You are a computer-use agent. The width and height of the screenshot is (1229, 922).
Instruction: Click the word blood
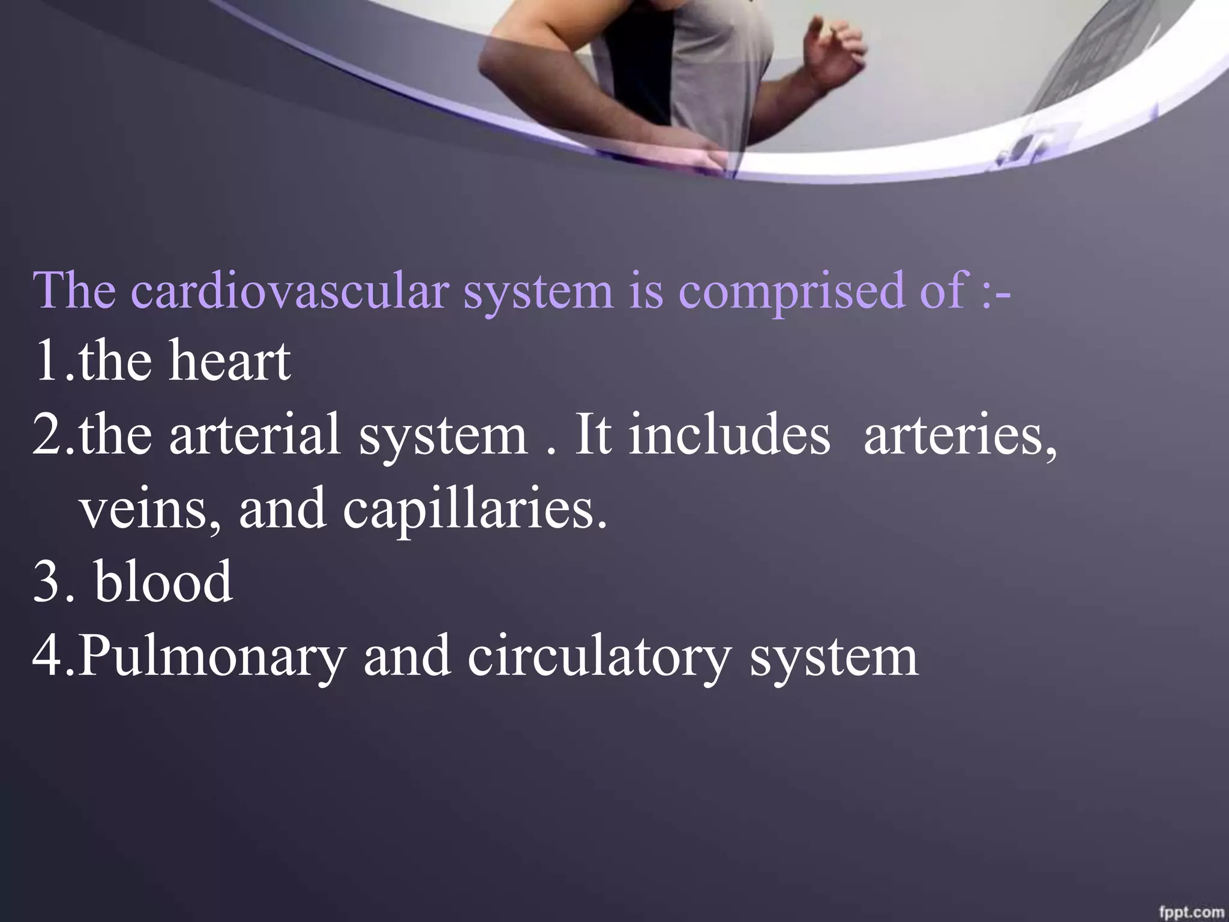point(163,580)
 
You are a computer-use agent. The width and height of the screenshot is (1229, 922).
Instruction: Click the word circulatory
point(597,656)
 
